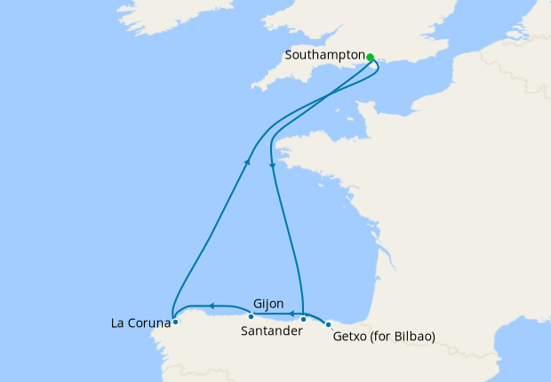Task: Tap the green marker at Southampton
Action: [x=371, y=57]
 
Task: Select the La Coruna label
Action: [x=140, y=322]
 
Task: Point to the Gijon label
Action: [x=268, y=303]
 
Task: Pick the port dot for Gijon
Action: [x=251, y=316]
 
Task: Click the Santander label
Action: [x=271, y=331]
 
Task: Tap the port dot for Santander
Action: [x=303, y=318]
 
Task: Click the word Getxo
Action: [x=350, y=337]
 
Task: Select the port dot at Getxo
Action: [x=329, y=323]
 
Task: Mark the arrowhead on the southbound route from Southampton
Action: [x=272, y=164]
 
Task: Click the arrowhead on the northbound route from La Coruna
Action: [x=246, y=163]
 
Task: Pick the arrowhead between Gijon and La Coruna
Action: [x=212, y=306]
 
